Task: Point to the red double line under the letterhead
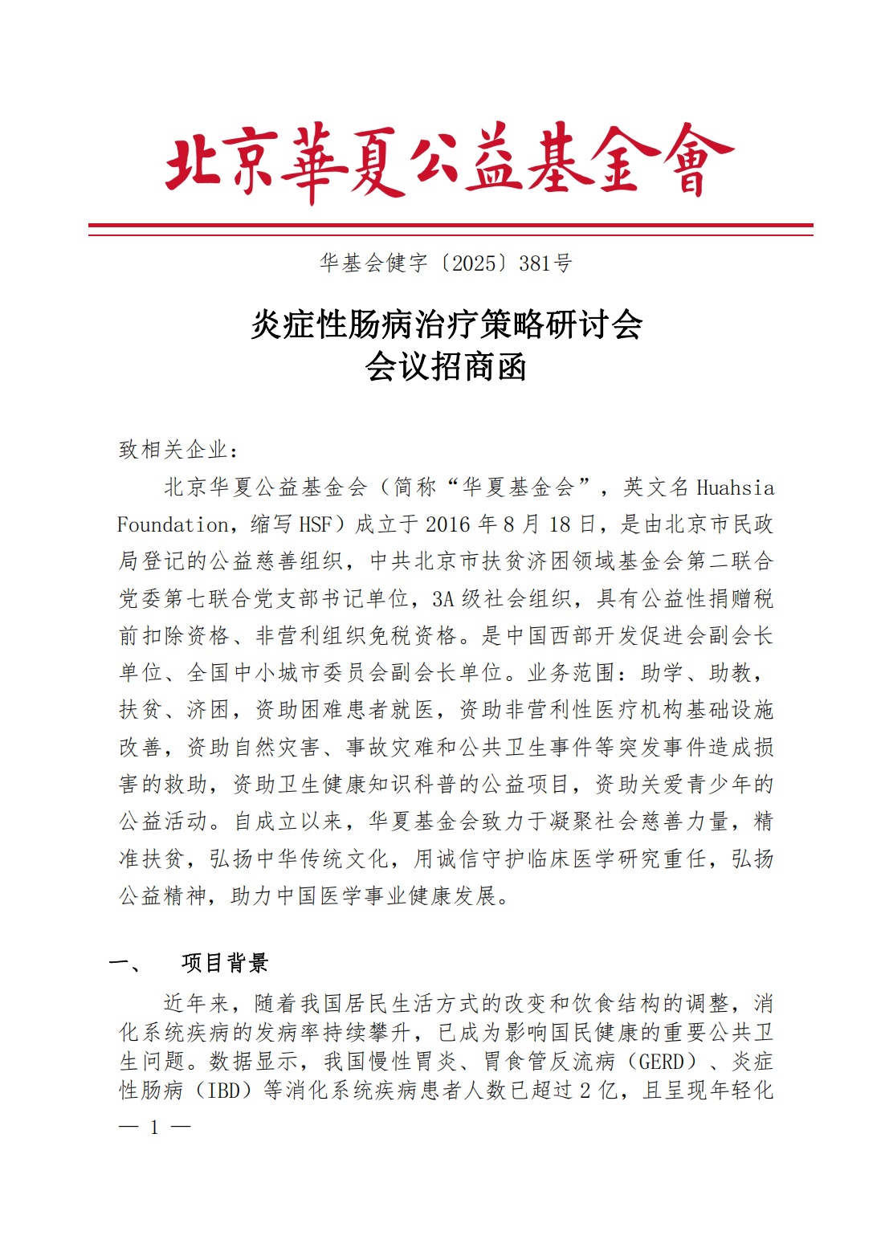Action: pos(450,230)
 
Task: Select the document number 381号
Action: pos(545,263)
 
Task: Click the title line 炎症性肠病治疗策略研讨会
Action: pos(447,325)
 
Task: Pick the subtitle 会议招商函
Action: pos(447,367)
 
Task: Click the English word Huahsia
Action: pos(735,488)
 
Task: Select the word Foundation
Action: pos(173,525)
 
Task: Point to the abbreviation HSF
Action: pos(315,525)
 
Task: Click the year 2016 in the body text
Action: pos(449,525)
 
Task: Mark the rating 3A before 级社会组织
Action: pos(443,599)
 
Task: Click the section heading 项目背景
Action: pos(226,962)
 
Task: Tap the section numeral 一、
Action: pos(127,962)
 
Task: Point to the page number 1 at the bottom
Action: pos(154,1128)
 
